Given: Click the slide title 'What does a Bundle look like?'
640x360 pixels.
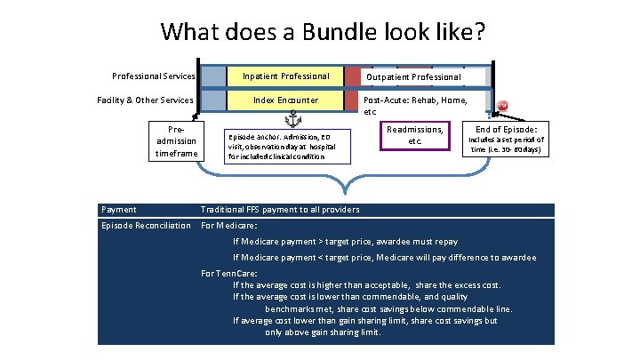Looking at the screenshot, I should (x=323, y=32).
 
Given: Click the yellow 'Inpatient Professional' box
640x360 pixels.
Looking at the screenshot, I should (x=285, y=76).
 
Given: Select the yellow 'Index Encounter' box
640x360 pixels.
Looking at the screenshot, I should (x=285, y=100).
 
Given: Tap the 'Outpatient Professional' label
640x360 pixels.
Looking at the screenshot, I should (x=414, y=77).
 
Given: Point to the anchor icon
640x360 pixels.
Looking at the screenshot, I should (x=292, y=119).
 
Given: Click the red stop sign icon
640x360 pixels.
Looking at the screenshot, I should (x=502, y=105).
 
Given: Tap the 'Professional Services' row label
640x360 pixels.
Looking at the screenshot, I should (x=153, y=76).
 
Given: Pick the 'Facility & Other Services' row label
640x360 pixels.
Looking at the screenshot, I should (x=145, y=100).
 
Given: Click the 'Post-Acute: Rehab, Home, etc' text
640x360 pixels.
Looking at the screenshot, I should (x=416, y=105).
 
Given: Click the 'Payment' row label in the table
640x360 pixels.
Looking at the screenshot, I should (x=119, y=210).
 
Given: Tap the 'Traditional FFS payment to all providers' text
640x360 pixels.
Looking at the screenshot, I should (x=281, y=210).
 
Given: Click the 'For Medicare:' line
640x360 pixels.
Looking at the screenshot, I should (x=229, y=225).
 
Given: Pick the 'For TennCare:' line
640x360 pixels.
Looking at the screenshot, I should (x=231, y=273).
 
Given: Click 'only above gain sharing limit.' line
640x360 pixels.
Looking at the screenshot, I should (x=323, y=332).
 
